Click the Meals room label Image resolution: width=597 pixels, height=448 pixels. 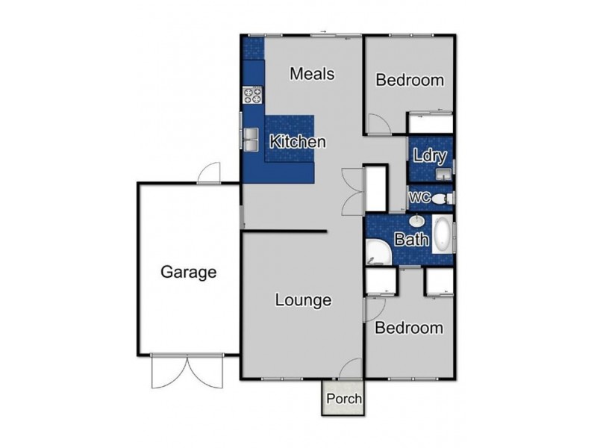click(312, 75)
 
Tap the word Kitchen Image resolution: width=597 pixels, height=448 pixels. click(297, 141)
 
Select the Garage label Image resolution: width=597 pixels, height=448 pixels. click(189, 273)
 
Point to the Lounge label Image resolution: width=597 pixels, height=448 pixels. click(303, 301)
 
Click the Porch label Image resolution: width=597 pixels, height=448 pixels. click(343, 399)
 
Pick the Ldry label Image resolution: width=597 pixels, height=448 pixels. click(429, 157)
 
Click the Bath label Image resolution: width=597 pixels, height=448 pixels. click(410, 240)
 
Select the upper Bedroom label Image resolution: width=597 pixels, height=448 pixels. click(409, 80)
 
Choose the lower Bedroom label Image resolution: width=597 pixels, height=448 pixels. click(408, 328)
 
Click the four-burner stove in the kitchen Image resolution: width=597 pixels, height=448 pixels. click(252, 95)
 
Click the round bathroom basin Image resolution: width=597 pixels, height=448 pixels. click(417, 221)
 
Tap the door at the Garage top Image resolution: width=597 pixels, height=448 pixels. click(209, 174)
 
